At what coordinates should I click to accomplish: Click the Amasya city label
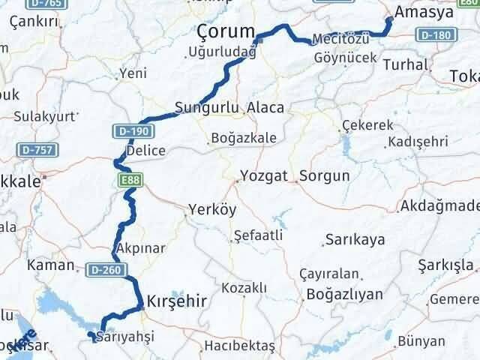428,14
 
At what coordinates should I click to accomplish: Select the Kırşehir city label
177,298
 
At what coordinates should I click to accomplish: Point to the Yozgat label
263,177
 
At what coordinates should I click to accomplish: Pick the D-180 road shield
434,36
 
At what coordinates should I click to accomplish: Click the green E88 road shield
126,181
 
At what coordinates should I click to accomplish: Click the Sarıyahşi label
125,337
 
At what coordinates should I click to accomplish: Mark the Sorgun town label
324,177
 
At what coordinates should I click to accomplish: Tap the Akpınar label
140,247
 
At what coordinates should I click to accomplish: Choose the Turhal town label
404,64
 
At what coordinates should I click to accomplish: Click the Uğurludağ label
222,52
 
